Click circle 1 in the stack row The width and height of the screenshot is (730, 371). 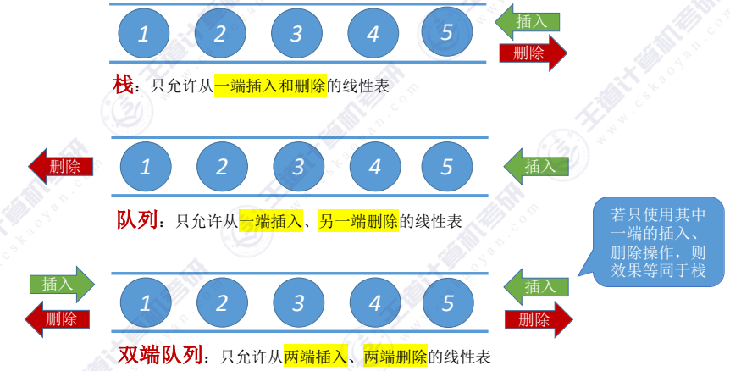pos(143,32)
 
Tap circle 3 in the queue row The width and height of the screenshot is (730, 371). pos(297,166)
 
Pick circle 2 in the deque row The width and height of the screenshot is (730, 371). pos(221,302)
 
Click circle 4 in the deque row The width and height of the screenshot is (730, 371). pos(374,302)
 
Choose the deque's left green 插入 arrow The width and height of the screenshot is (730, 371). pos(60,284)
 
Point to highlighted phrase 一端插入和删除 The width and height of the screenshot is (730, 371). pos(270,86)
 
